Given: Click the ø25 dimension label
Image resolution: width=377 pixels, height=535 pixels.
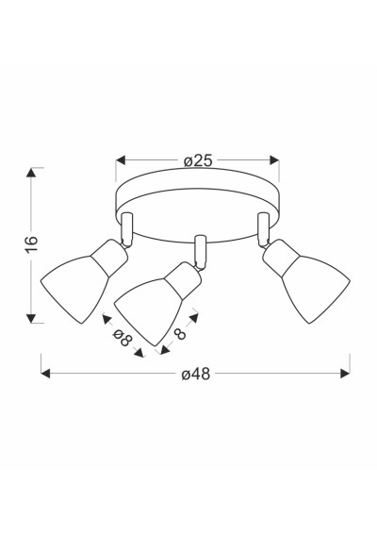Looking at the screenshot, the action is pyautogui.click(x=198, y=160).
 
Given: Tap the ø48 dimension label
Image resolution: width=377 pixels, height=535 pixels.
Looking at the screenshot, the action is pyautogui.click(x=196, y=374).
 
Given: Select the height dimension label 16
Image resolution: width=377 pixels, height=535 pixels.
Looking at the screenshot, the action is pyautogui.click(x=32, y=243).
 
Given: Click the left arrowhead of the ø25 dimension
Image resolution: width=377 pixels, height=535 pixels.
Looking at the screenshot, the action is pyautogui.click(x=121, y=160).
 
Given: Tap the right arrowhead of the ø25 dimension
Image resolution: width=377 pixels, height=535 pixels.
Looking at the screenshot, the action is pyautogui.click(x=274, y=160).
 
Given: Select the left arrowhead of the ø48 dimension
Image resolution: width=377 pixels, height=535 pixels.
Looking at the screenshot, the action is pyautogui.click(x=45, y=374).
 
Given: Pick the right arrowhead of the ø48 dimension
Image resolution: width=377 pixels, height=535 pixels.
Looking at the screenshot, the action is pyautogui.click(x=345, y=374).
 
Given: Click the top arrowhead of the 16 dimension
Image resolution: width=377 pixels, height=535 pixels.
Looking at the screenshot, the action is pyautogui.click(x=31, y=173).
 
